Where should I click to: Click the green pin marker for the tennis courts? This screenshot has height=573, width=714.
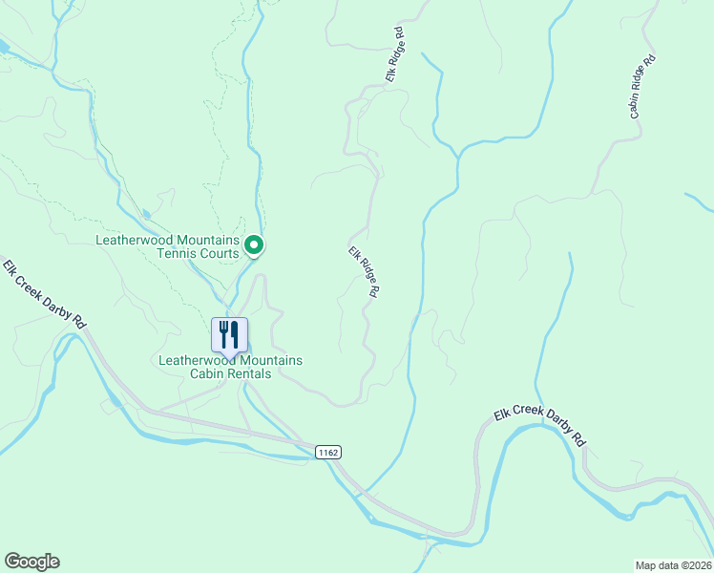point(254,245)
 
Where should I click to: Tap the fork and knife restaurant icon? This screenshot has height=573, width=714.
point(229,335)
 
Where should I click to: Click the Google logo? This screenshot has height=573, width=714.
point(31,562)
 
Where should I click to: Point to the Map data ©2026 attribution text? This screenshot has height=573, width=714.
point(673,564)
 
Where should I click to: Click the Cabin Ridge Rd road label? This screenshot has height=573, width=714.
point(642,87)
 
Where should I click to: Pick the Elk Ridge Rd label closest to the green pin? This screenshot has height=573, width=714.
point(365,273)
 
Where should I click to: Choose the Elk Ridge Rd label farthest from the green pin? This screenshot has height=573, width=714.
point(396,54)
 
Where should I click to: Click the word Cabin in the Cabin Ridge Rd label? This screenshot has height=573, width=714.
point(637,103)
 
